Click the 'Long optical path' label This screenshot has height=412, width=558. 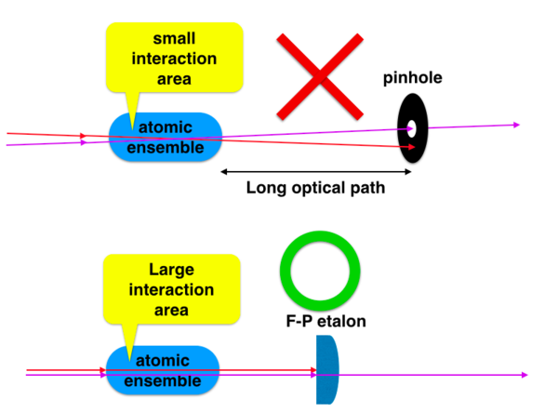(x=315, y=187)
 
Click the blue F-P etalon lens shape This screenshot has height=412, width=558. (x=326, y=370)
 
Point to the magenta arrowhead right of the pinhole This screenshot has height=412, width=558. (x=516, y=125)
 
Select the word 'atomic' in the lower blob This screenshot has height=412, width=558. (x=163, y=361)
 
